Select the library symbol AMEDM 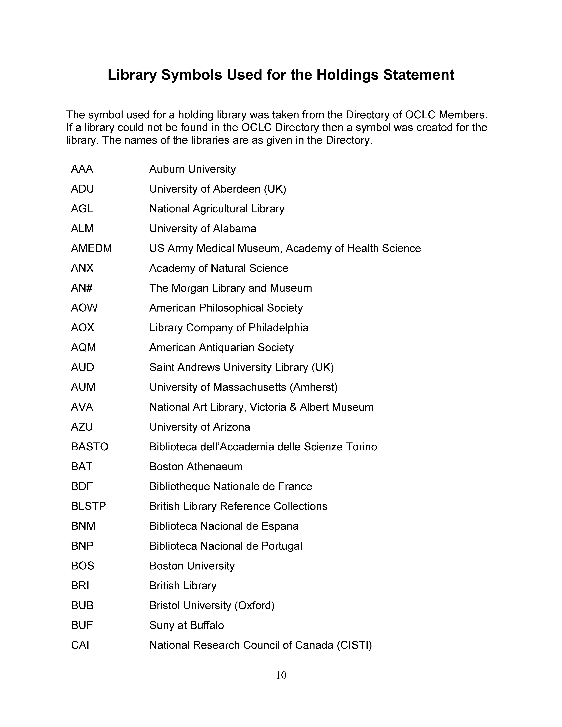[x=91, y=248]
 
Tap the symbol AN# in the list [x=82, y=288]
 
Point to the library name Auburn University [x=192, y=169]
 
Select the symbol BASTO [x=90, y=447]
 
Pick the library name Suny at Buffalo [x=186, y=625]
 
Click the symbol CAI [x=80, y=645]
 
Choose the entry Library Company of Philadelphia [x=229, y=328]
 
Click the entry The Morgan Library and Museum [x=230, y=288]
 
